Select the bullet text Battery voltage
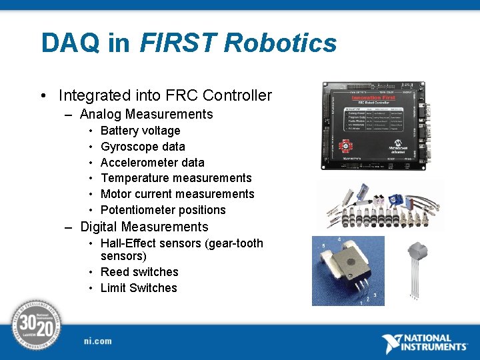(x=140, y=131)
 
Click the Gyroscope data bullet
(x=143, y=147)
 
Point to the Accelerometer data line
(x=152, y=163)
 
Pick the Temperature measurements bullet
(x=176, y=178)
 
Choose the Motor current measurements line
(x=177, y=194)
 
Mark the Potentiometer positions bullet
(x=163, y=210)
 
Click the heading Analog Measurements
(x=146, y=114)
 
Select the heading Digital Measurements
(x=144, y=227)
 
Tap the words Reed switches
(x=139, y=272)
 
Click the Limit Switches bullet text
(x=139, y=288)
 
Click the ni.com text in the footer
(x=98, y=341)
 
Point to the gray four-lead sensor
(x=417, y=267)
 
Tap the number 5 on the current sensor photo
(x=323, y=246)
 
